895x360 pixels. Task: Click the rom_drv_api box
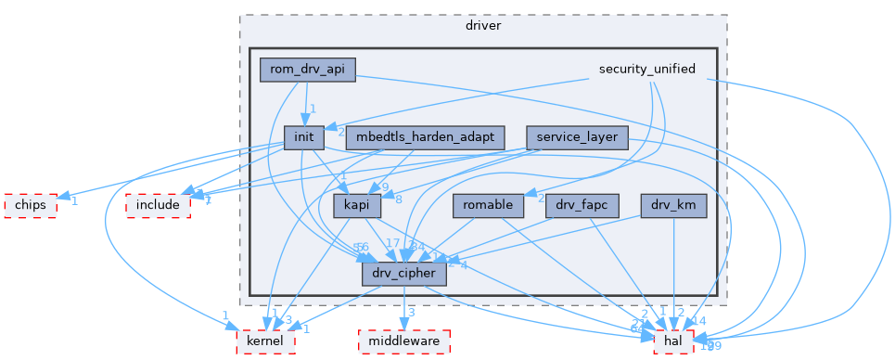pyautogui.click(x=307, y=70)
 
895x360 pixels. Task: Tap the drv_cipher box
pyautogui.click(x=404, y=275)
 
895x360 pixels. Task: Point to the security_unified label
pyautogui.click(x=647, y=70)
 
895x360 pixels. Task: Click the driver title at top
pyautogui.click(x=482, y=25)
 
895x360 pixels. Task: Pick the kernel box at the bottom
pyautogui.click(x=265, y=342)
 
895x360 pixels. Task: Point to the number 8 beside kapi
pyautogui.click(x=399, y=199)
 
